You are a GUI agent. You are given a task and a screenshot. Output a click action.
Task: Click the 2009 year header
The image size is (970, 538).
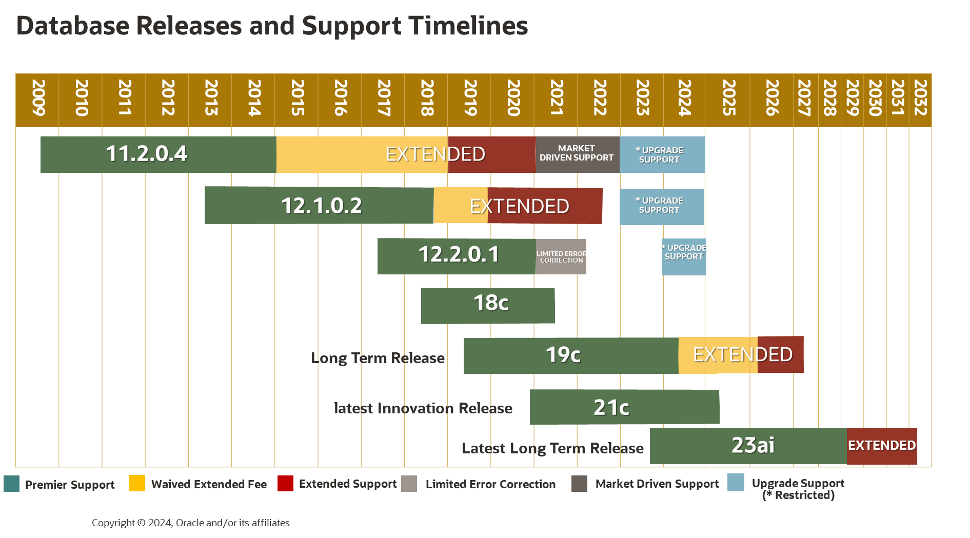(38, 98)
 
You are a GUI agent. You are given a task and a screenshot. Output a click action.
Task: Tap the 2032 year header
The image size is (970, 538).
(920, 98)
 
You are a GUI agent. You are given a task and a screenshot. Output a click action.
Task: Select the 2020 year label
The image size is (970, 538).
(513, 98)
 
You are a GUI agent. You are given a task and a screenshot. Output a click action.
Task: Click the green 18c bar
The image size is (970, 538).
(488, 306)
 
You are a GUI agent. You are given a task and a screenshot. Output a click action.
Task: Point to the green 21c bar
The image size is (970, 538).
(624, 407)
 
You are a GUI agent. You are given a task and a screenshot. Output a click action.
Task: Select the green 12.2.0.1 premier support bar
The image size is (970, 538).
(457, 256)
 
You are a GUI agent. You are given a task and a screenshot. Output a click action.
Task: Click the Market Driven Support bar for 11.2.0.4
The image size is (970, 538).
(577, 154)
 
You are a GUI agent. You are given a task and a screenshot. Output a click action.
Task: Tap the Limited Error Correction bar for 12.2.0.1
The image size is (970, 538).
(561, 257)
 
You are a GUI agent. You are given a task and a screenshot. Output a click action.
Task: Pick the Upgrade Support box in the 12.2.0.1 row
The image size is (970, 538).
(683, 257)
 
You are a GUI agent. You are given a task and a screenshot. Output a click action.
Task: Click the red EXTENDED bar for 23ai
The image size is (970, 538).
(882, 446)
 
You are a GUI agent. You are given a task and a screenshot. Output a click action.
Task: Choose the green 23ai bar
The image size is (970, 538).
(748, 446)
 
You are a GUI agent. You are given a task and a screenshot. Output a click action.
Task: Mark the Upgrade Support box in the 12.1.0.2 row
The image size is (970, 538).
(661, 207)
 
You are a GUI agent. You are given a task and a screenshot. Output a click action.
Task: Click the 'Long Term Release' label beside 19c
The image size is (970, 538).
(378, 358)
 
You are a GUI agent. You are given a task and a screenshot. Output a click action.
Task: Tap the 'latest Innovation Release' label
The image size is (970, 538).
(423, 408)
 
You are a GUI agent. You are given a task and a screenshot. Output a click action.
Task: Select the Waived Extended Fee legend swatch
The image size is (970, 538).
(137, 484)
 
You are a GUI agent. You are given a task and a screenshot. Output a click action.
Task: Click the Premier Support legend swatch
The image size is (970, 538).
(11, 484)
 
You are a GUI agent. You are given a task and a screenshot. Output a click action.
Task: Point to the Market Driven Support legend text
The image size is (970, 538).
(657, 484)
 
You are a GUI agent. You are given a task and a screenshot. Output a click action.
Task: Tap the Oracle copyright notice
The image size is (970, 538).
(190, 523)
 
